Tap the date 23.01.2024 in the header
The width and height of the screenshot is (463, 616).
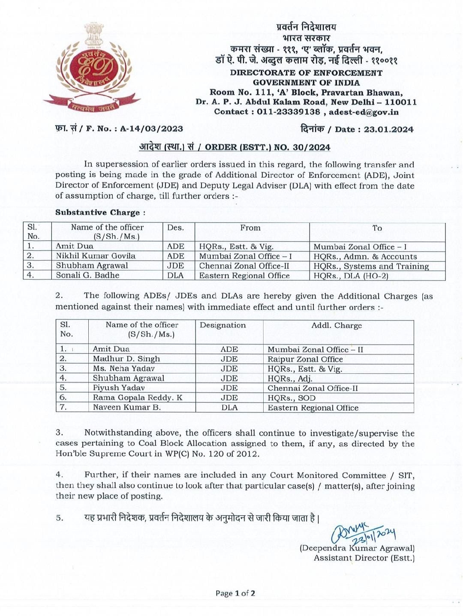click(388, 129)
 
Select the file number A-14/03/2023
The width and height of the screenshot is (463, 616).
click(151, 129)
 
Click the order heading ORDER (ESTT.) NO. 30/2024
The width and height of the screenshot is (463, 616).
click(268, 147)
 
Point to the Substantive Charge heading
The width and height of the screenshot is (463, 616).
click(100, 213)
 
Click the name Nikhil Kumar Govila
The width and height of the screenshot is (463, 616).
click(96, 256)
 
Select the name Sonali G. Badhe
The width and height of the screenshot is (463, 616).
click(87, 275)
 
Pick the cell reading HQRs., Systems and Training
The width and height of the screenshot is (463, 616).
click(371, 266)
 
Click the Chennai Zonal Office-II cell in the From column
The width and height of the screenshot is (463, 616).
click(244, 266)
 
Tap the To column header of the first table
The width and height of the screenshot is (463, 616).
click(377, 228)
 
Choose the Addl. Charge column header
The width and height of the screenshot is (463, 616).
click(337, 325)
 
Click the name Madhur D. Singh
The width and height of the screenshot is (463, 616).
click(126, 359)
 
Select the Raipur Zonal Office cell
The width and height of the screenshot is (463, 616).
click(305, 359)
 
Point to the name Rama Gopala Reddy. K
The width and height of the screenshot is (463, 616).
click(138, 398)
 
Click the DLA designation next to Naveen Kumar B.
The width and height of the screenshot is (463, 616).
click(229, 408)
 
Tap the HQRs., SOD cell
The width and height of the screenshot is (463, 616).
click(292, 398)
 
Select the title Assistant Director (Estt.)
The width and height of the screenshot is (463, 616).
click(364, 558)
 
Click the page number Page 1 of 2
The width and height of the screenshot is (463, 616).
click(235, 593)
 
